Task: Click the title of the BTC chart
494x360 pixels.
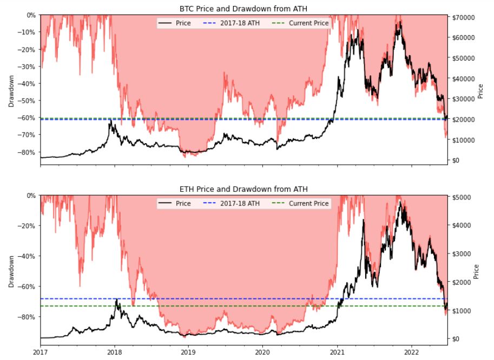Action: [243, 9]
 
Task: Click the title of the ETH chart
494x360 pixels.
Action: [243, 189]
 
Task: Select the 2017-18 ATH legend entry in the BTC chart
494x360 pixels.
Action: [232, 23]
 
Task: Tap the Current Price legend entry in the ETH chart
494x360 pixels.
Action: [300, 204]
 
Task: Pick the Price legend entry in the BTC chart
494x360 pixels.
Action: [175, 23]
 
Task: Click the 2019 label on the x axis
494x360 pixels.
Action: [189, 352]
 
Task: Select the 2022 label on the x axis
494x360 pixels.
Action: [411, 352]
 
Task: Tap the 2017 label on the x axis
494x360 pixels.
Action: [41, 352]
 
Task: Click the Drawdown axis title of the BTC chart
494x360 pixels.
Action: [11, 91]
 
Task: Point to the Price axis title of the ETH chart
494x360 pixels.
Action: [476, 271]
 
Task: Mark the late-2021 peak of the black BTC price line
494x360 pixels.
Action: [400, 22]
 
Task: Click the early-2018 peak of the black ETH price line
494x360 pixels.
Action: [116, 299]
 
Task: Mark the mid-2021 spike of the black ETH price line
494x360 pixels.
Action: [364, 221]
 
